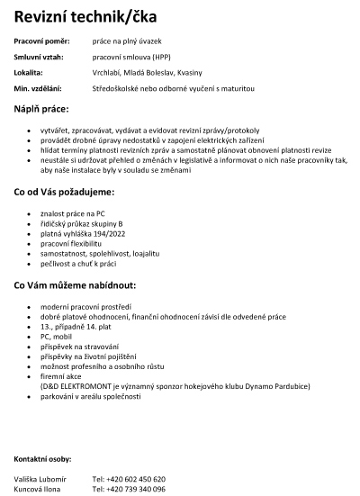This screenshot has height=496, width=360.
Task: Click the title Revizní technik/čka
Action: (85, 15)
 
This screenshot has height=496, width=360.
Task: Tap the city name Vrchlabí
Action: (110, 72)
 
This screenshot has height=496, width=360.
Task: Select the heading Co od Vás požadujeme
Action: (63, 193)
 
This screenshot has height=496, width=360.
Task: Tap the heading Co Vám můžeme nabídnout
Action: (74, 286)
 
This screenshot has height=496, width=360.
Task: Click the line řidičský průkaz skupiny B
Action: (80, 223)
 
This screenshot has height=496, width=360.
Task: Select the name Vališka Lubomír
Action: (40, 478)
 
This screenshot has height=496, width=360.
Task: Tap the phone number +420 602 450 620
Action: (129, 478)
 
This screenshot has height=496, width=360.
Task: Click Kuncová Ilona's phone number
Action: (129, 489)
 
